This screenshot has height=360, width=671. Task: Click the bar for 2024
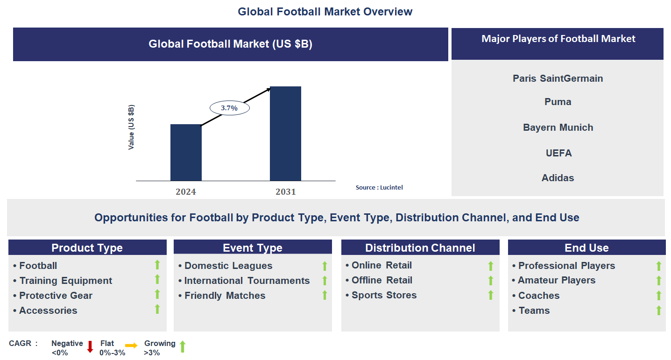pyautogui.click(x=186, y=152)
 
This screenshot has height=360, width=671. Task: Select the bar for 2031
pyautogui.click(x=285, y=134)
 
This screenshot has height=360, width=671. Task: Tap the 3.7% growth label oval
pyautogui.click(x=229, y=108)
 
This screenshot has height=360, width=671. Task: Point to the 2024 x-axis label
pyautogui.click(x=186, y=191)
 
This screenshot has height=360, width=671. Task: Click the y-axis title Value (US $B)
pyautogui.click(x=131, y=127)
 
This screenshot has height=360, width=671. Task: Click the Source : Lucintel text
pyautogui.click(x=379, y=187)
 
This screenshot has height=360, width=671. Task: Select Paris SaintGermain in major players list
pyautogui.click(x=558, y=78)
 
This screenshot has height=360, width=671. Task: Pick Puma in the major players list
pyautogui.click(x=558, y=102)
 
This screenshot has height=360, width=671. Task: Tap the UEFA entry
pyautogui.click(x=558, y=153)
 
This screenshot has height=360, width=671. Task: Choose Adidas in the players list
pyautogui.click(x=558, y=178)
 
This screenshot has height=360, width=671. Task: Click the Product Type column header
pyautogui.click(x=87, y=248)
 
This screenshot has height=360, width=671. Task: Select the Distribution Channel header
pyautogui.click(x=420, y=248)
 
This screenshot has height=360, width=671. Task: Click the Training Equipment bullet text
pyautogui.click(x=65, y=281)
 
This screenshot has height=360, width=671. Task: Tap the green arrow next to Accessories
pyautogui.click(x=157, y=309)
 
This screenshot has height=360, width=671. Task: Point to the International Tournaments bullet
pyautogui.click(x=247, y=281)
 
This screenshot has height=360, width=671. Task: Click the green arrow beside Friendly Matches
pyautogui.click(x=325, y=295)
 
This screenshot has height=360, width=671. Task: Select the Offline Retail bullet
pyautogui.click(x=381, y=280)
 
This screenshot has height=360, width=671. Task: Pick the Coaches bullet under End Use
pyautogui.click(x=538, y=296)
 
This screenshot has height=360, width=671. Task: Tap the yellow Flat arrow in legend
pyautogui.click(x=131, y=346)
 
